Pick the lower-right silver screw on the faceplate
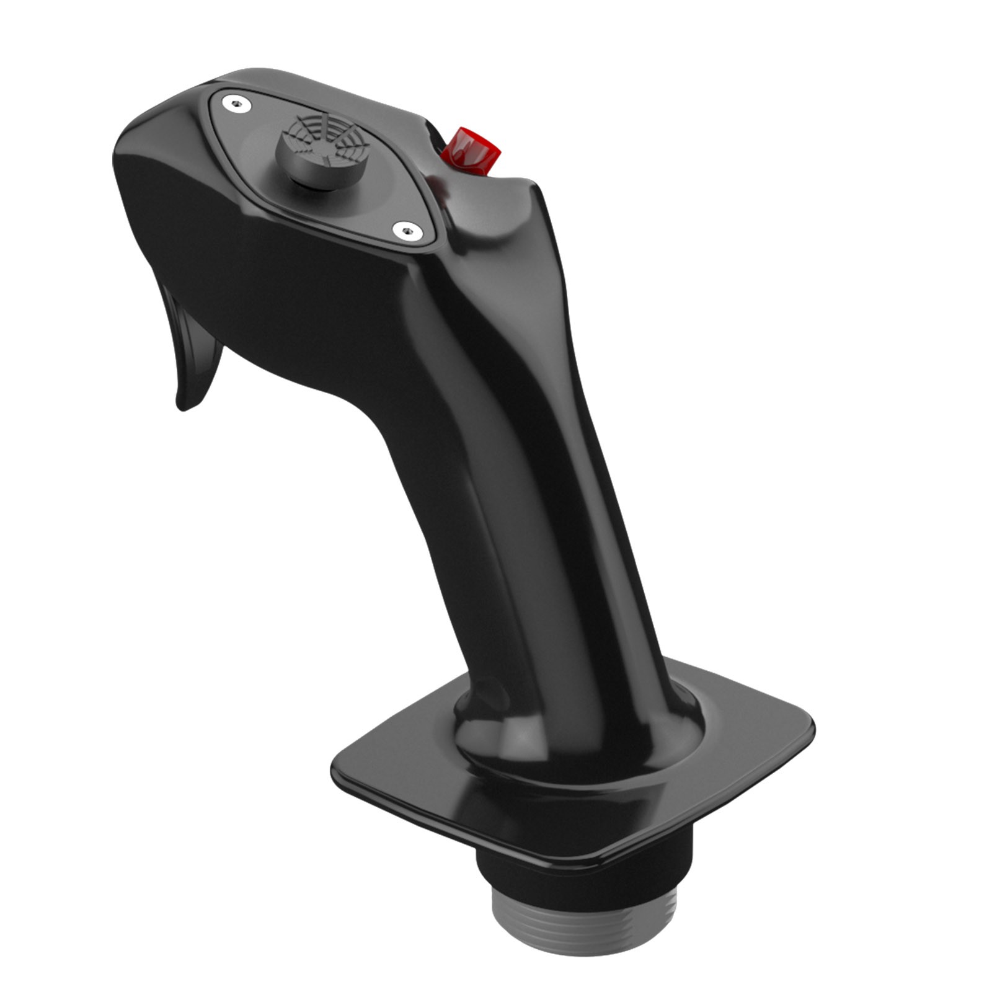tap(407, 231)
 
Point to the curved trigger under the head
tap(192, 347)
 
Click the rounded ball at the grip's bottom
tap(577, 738)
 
